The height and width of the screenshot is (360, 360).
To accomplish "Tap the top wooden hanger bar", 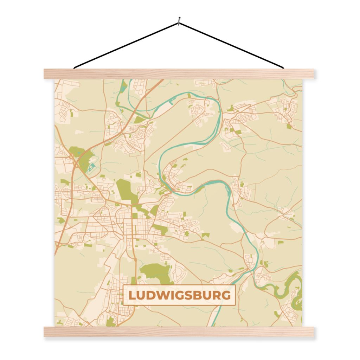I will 179,73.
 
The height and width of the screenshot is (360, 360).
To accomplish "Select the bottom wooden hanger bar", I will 179,332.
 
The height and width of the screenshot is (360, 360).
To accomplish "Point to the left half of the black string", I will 127,45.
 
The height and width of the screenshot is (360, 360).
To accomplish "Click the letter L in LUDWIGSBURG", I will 132,295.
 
